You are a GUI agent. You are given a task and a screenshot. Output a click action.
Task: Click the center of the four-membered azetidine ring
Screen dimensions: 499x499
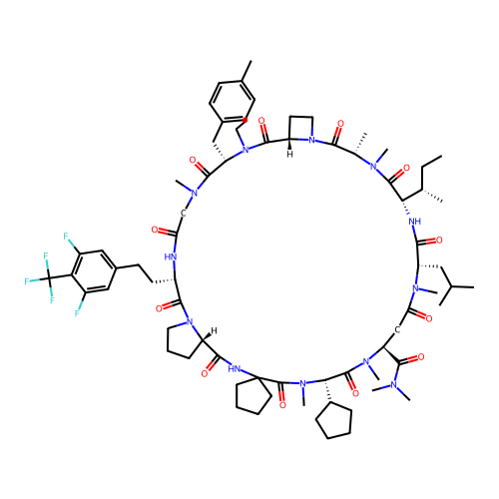click(x=301, y=128)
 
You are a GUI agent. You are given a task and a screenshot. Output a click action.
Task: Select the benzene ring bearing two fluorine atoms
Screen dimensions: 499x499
click(x=94, y=271)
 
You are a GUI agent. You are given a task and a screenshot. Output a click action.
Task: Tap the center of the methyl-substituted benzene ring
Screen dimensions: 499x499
click(x=233, y=102)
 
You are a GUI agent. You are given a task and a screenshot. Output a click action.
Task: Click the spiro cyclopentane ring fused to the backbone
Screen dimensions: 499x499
click(x=252, y=396)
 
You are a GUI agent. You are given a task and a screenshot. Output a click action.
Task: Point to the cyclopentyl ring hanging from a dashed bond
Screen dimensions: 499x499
click(x=334, y=421)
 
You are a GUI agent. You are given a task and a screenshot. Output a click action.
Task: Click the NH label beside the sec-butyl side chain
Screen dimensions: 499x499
click(x=415, y=222)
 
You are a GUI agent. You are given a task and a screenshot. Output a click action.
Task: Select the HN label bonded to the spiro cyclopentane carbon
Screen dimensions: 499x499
click(x=235, y=368)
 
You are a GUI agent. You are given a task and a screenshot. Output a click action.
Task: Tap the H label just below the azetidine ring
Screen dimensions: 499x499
click(x=290, y=155)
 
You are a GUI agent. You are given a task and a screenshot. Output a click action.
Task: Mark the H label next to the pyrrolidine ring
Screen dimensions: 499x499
click(x=215, y=330)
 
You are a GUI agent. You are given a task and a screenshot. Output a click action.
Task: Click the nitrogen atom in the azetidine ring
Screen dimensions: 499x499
click(x=311, y=140)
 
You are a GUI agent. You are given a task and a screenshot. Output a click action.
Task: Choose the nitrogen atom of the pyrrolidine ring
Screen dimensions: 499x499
click(x=190, y=321)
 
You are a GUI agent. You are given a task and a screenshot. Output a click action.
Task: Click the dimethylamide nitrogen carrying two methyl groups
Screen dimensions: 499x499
click(x=394, y=385)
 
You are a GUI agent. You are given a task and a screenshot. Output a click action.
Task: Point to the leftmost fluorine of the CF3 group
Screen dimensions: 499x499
click(x=26, y=281)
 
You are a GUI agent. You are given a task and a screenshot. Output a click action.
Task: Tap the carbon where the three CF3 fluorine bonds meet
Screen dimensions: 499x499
click(x=49, y=278)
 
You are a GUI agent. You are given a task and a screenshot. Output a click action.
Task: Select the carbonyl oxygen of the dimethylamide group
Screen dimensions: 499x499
click(x=421, y=357)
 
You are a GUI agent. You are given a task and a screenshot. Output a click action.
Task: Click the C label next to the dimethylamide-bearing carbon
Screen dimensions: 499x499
click(x=397, y=330)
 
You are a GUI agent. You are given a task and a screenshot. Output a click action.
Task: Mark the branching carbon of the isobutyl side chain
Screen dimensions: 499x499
click(x=451, y=286)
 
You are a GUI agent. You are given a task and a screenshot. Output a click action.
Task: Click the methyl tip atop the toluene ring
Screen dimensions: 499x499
click(x=251, y=61)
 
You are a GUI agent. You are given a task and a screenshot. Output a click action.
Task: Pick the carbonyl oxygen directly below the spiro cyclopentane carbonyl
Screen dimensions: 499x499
click(x=282, y=405)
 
